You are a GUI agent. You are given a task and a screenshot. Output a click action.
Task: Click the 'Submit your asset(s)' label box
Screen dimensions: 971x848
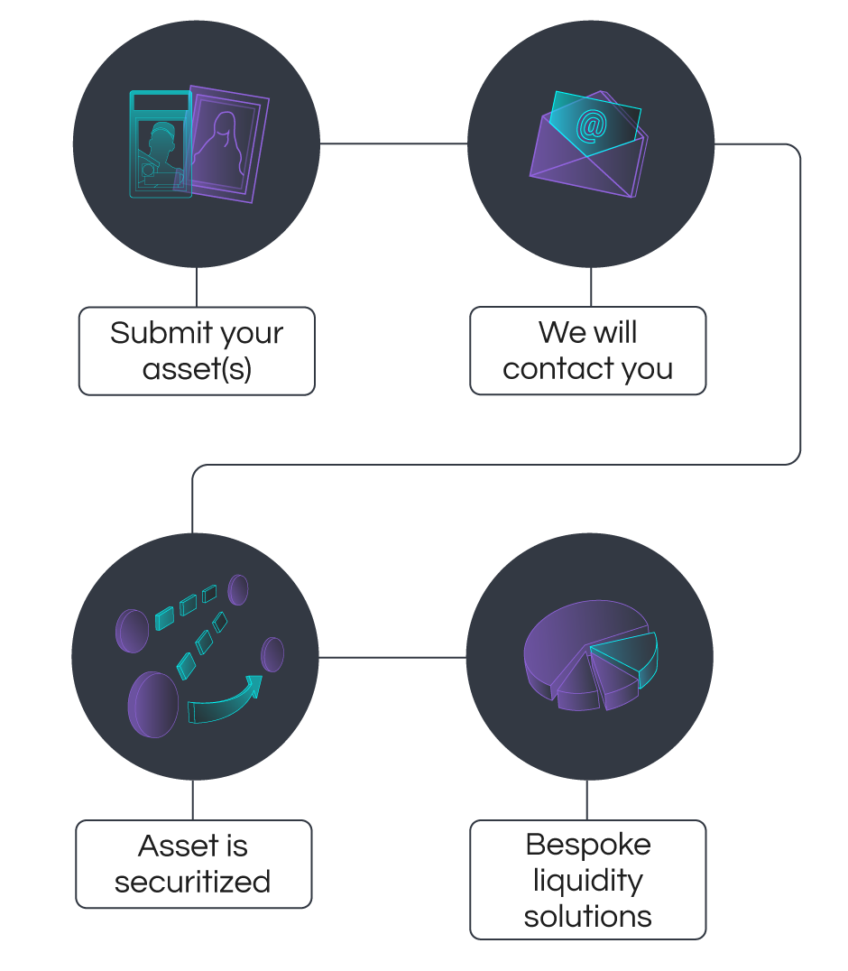[x=197, y=351]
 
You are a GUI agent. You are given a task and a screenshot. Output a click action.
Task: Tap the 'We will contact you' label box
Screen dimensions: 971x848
[x=588, y=351]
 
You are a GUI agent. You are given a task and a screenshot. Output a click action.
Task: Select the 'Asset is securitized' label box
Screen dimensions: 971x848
[x=193, y=864]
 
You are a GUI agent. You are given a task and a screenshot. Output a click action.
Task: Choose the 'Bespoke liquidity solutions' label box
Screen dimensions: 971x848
[x=588, y=880]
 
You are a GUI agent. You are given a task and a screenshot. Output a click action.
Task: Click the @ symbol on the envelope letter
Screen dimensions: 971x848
[x=591, y=127]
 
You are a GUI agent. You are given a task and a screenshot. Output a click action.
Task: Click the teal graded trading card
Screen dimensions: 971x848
[x=161, y=144]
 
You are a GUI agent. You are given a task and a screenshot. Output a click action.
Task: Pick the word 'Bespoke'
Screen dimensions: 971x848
[x=588, y=845]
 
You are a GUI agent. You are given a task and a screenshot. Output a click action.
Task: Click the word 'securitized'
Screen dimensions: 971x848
[x=193, y=882]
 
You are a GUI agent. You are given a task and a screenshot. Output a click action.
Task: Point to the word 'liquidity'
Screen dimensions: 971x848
[x=588, y=881]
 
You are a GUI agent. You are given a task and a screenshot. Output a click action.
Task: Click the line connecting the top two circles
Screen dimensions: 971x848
[x=393, y=143]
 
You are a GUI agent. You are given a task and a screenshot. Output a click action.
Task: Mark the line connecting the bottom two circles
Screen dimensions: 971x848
[x=392, y=657]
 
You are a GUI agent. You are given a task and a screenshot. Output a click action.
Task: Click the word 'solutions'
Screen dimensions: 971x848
[x=588, y=917]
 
